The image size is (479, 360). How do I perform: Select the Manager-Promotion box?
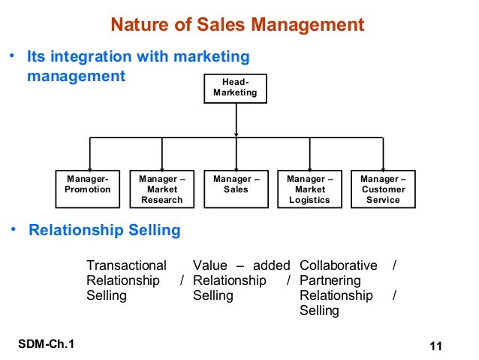tap(88, 189)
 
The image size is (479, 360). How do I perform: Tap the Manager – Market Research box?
tap(161, 189)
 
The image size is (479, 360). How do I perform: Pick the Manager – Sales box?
tap(236, 189)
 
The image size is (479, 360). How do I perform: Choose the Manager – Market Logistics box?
tap(309, 189)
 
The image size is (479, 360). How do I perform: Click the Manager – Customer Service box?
tap(383, 189)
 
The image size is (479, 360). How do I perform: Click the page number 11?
tap(435, 346)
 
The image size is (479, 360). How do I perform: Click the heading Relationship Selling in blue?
tap(104, 230)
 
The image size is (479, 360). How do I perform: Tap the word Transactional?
tap(126, 265)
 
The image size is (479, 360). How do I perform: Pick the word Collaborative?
tap(339, 265)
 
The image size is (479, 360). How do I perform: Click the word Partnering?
tap(330, 280)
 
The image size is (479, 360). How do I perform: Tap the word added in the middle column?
tap(271, 265)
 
